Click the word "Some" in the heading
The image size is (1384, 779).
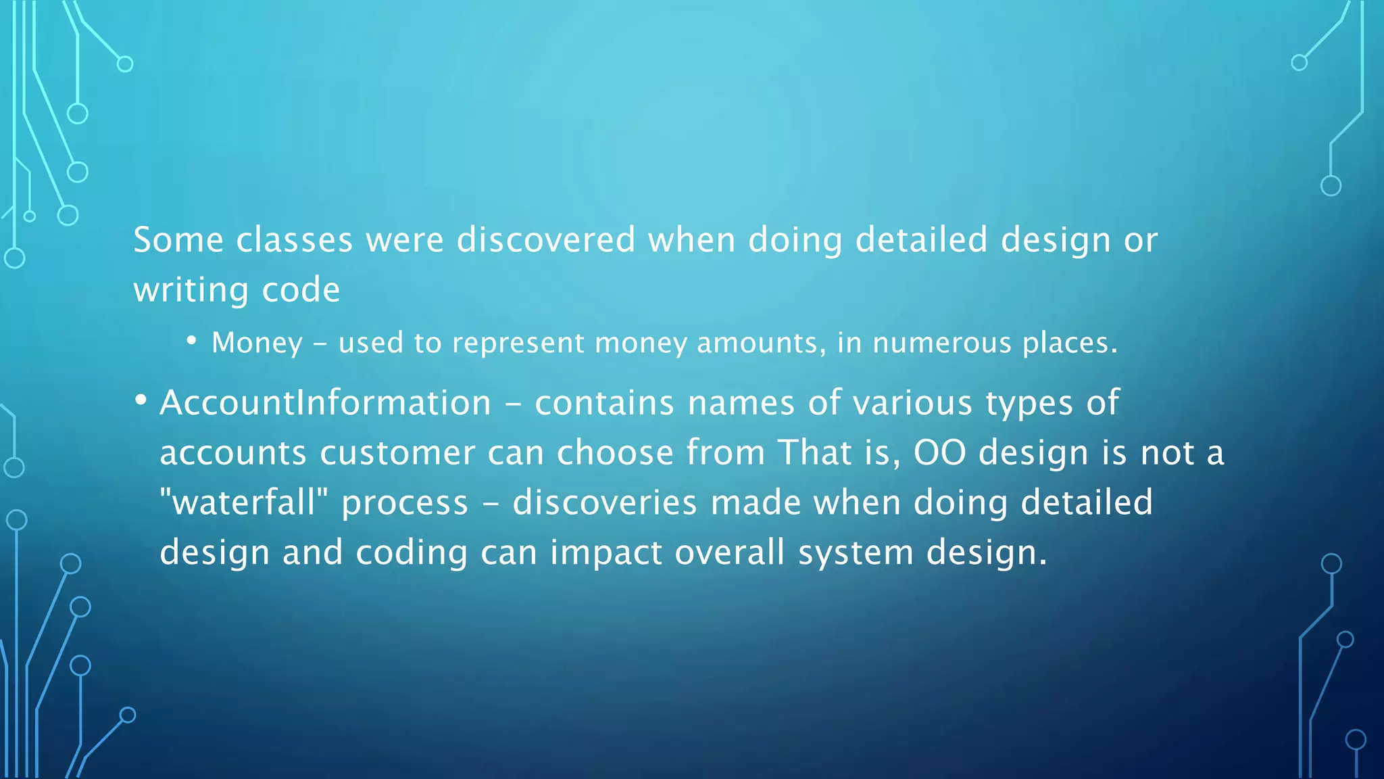[x=178, y=240]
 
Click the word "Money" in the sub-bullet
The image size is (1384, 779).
[x=257, y=343]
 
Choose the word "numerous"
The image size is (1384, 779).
[x=941, y=343]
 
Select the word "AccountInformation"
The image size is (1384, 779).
[x=326, y=403]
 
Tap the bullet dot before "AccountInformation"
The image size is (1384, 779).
[x=141, y=400]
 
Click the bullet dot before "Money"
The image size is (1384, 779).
[x=192, y=341]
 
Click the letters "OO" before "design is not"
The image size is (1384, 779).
[x=939, y=452]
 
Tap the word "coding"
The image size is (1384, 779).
[x=412, y=552]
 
